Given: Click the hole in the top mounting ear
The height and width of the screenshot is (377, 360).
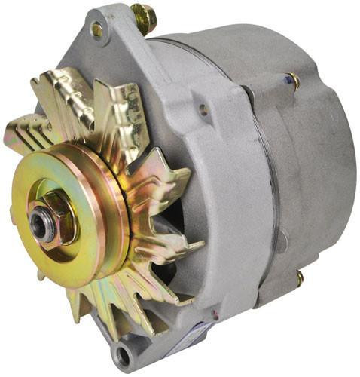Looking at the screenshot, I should tap(97, 29).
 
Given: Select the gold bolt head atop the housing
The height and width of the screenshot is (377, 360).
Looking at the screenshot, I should tap(143, 14).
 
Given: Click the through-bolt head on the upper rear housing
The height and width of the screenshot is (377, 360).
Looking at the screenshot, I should tap(291, 80).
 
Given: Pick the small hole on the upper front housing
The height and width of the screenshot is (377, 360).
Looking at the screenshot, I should tap(203, 109).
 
